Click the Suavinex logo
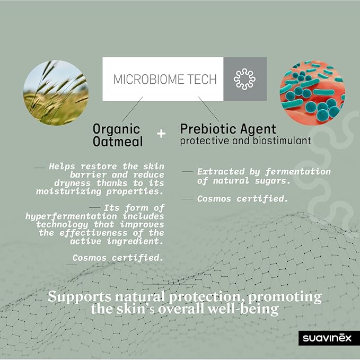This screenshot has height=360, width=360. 327,338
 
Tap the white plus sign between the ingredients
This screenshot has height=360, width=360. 161,134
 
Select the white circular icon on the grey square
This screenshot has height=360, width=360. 245,79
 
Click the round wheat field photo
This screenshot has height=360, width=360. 56,93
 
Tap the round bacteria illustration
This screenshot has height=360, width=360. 312,93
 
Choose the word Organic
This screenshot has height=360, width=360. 117,129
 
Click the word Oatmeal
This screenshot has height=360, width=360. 118,142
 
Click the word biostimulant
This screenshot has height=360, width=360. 282,141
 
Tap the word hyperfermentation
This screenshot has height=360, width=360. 71,216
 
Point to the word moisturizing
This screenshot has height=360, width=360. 68,191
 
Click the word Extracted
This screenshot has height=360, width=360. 221,171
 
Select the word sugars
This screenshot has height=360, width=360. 271,181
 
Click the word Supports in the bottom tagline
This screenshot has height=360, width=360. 80,296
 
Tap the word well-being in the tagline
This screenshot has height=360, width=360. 243,309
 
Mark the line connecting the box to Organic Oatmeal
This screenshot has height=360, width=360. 132,109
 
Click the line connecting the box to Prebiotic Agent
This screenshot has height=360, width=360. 209,109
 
